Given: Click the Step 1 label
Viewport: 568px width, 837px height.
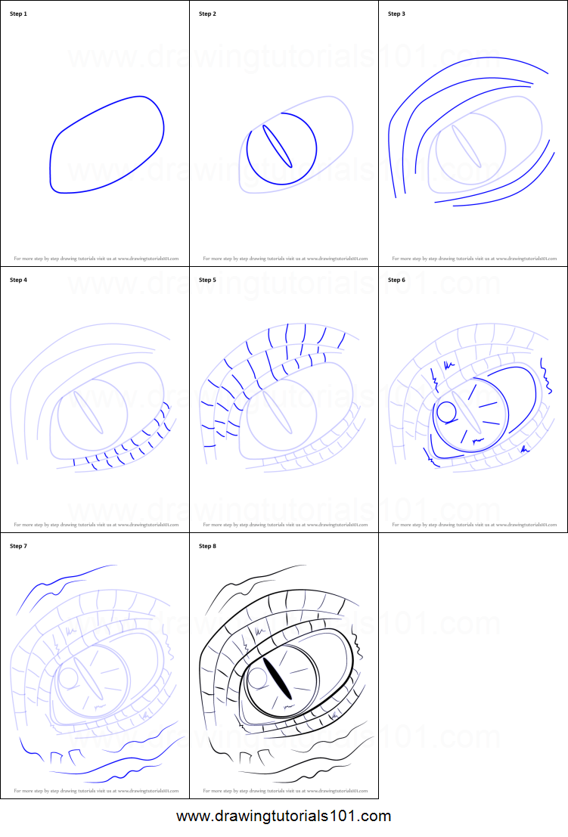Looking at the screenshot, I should pos(18,14).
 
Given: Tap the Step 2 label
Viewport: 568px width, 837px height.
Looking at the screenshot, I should pos(207,14).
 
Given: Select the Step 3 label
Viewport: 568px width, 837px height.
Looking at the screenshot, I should pos(396,14).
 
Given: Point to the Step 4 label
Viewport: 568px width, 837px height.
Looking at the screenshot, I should pos(18,280).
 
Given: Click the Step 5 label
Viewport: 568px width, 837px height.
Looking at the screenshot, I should pos(207,280).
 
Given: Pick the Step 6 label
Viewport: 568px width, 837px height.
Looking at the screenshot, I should pos(396,280).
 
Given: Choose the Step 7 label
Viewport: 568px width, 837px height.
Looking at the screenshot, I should pos(18,546).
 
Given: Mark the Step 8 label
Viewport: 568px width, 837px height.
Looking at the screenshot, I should pos(207,546).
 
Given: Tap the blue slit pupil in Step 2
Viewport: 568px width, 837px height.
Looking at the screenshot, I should pos(277,145).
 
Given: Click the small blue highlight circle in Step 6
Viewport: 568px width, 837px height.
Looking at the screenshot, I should pos(446,412).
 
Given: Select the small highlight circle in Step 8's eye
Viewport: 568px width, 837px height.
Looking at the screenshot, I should pos(257,678).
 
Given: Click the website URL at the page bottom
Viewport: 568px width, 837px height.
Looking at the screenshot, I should pos(284,817).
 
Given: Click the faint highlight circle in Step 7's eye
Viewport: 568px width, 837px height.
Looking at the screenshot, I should pos(68,678).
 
